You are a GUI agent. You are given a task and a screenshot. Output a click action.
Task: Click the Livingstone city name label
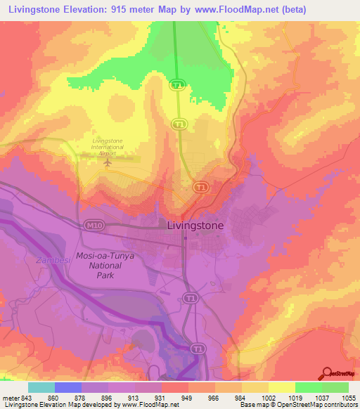click(195, 226)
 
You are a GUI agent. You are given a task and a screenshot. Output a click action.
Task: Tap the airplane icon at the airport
click(107, 162)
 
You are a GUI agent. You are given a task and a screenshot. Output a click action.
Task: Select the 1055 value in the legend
click(349, 397)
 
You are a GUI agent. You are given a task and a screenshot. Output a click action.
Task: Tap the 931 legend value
click(161, 397)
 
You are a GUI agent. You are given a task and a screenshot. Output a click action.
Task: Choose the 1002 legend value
click(268, 397)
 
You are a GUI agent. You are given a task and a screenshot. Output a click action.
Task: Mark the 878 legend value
click(81, 397)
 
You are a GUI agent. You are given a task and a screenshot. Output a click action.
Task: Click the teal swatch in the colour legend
click(41, 387)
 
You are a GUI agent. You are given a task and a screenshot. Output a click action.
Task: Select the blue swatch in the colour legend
click(68, 387)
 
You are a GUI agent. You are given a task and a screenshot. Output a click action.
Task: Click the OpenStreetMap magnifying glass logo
click(327, 373)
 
